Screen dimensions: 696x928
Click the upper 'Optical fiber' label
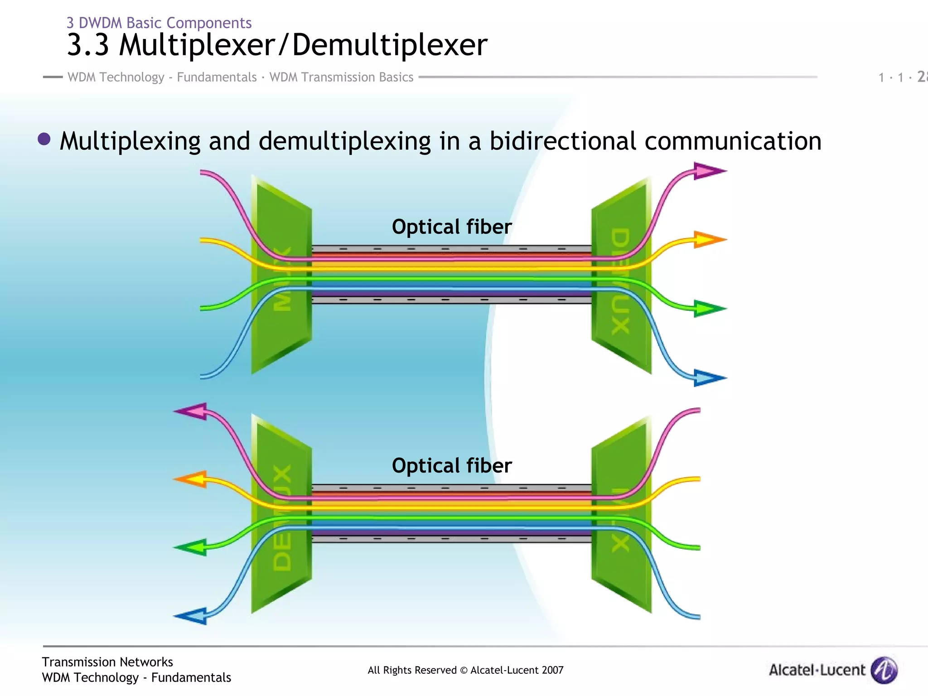[x=451, y=227]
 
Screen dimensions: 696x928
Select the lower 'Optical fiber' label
[x=451, y=466]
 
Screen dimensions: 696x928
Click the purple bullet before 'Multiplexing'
[x=44, y=139]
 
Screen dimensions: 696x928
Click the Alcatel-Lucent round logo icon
[x=884, y=670]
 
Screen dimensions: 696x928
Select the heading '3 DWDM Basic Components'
[x=159, y=23]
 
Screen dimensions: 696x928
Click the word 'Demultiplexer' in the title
[x=390, y=45]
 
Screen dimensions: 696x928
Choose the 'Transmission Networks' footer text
[x=107, y=662]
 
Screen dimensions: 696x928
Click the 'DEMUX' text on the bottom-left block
[x=282, y=517]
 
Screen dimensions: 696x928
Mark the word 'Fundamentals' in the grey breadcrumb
[x=217, y=77]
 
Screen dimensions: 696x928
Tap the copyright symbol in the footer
[x=464, y=670]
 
